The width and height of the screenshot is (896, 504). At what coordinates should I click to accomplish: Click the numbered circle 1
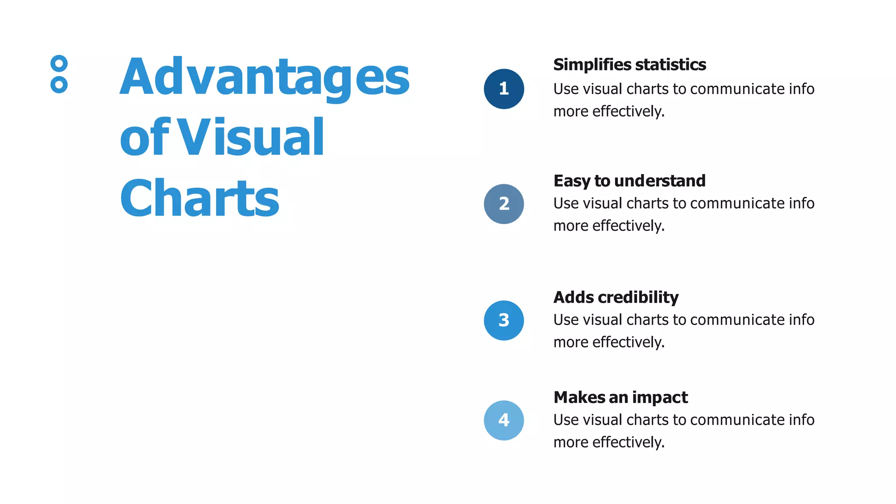pos(504,89)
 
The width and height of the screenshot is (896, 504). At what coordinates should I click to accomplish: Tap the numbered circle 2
pos(504,204)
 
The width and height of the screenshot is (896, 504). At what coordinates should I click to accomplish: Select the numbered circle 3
pos(504,320)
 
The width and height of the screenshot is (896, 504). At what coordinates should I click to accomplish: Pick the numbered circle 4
pos(504,420)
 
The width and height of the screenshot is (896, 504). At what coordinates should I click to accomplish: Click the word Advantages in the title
pos(265,77)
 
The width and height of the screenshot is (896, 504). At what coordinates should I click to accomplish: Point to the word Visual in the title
pos(252,137)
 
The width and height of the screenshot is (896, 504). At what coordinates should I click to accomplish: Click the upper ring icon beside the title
pos(59,63)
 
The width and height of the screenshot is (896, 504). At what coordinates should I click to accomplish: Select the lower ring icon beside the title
pos(59,84)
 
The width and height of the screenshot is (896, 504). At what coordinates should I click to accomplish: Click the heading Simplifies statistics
pos(629,65)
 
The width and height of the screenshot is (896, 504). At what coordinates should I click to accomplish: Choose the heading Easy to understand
pos(629,181)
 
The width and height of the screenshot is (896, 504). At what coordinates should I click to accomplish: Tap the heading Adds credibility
pos(616,297)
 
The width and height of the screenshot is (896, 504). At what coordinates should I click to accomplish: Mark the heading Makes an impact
pos(620,397)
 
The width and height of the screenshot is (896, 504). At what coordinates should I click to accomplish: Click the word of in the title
pos(143,137)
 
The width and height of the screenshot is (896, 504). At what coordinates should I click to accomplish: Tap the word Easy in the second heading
pos(572,181)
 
